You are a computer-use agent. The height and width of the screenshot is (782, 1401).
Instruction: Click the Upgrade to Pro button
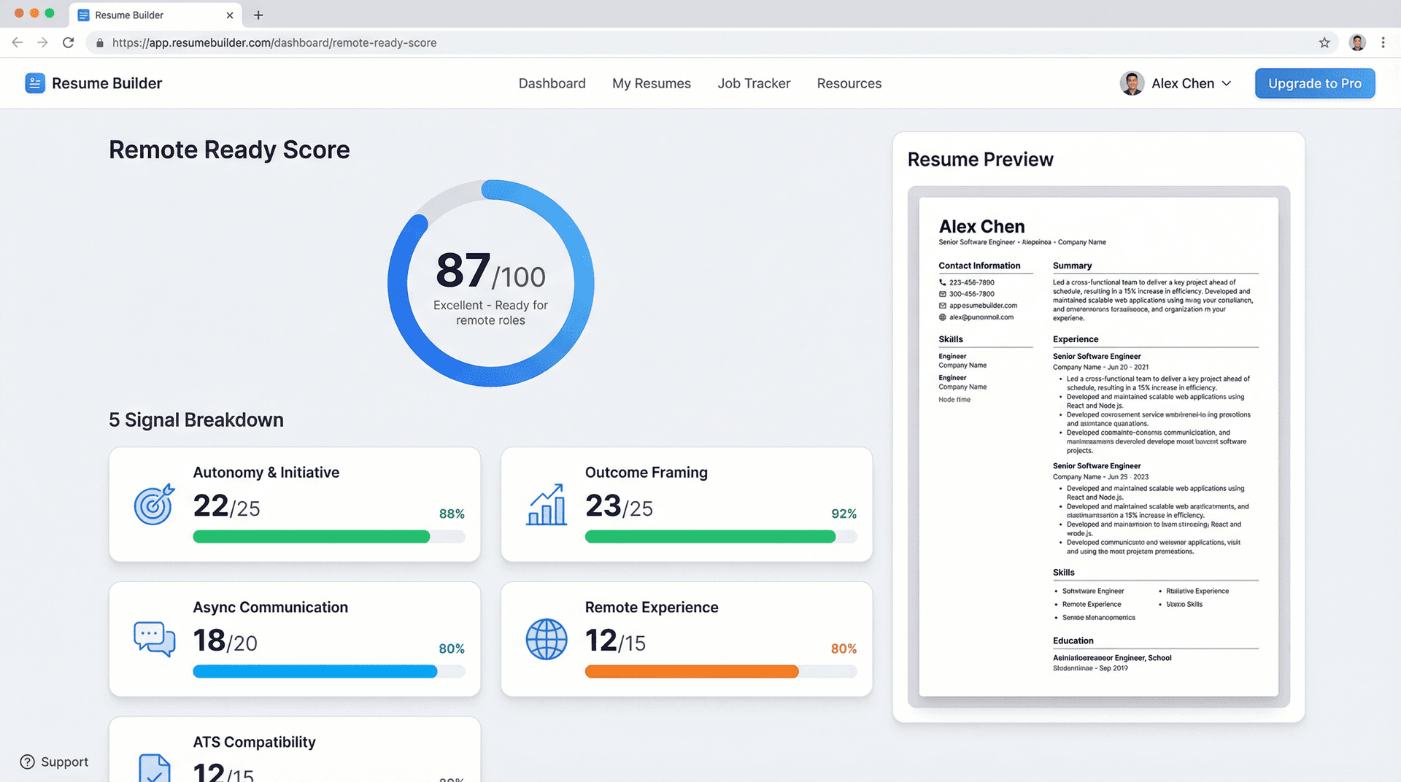click(x=1314, y=83)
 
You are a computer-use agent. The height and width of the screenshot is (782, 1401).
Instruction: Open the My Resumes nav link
click(x=651, y=83)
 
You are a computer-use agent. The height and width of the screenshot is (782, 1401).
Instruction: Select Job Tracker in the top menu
click(x=754, y=83)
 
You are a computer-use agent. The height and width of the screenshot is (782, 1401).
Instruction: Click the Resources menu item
click(x=849, y=83)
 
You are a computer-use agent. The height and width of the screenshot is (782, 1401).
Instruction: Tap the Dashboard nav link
click(x=552, y=83)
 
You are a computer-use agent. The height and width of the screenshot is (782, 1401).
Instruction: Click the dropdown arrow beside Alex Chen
click(x=1227, y=83)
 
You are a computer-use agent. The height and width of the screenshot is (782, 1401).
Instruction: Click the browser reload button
click(x=69, y=42)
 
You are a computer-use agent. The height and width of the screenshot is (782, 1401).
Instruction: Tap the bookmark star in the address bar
click(x=1324, y=42)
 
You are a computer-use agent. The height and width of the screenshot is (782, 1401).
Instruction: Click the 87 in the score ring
click(x=463, y=271)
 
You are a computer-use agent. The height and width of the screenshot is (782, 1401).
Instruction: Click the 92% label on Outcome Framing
click(x=844, y=514)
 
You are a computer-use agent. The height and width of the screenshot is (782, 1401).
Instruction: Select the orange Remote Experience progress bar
click(x=691, y=671)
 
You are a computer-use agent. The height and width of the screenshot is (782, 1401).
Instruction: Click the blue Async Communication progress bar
click(x=314, y=671)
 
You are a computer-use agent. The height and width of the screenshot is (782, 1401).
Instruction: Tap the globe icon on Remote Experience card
click(x=546, y=639)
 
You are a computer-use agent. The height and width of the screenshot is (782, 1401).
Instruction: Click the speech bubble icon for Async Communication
click(x=154, y=639)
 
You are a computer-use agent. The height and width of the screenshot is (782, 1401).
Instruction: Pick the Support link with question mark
click(x=54, y=762)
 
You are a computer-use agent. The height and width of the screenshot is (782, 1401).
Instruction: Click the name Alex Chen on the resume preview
click(x=981, y=226)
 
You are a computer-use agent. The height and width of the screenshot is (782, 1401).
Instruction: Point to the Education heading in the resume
click(x=1073, y=640)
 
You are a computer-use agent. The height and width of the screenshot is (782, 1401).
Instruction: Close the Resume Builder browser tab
click(x=230, y=15)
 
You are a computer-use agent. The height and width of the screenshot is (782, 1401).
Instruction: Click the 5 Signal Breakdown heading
click(x=196, y=419)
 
